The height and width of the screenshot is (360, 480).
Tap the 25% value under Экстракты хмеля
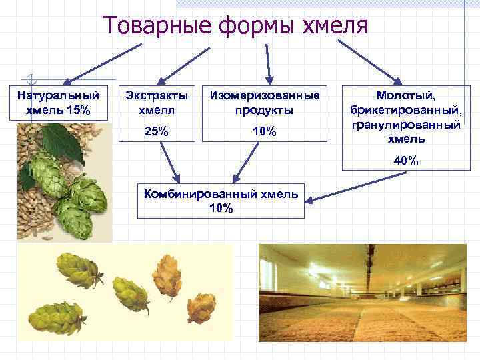[x=156, y=131]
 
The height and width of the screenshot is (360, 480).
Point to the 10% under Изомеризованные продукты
[x=265, y=131]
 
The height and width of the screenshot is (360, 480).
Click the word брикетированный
[x=405, y=110]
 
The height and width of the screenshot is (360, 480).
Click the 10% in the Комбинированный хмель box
[x=221, y=209]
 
